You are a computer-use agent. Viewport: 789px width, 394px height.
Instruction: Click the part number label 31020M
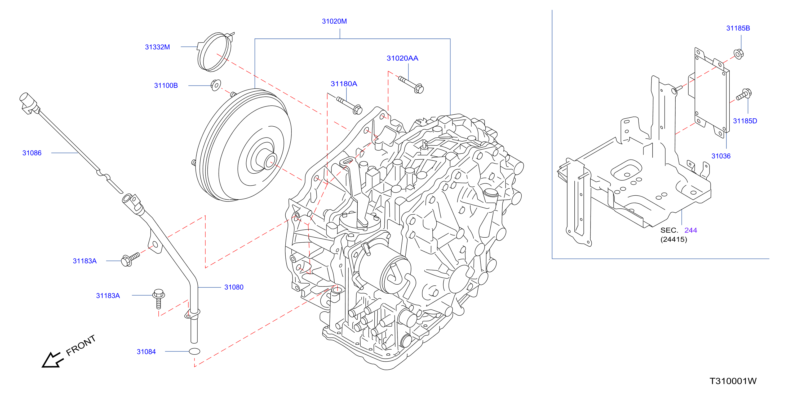pos(334,21)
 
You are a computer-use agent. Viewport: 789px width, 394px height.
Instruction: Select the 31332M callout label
pos(157,47)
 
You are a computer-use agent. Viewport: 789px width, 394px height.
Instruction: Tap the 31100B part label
pos(166,85)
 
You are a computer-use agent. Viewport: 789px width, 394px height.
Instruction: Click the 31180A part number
pos(344,84)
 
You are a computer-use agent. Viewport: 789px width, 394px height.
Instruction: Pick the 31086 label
pos(32,153)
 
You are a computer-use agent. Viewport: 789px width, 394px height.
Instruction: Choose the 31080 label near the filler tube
pos(234,287)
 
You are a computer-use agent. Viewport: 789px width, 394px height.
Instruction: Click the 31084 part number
pos(146,352)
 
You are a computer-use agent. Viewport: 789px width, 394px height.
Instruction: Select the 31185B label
pos(738,28)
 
